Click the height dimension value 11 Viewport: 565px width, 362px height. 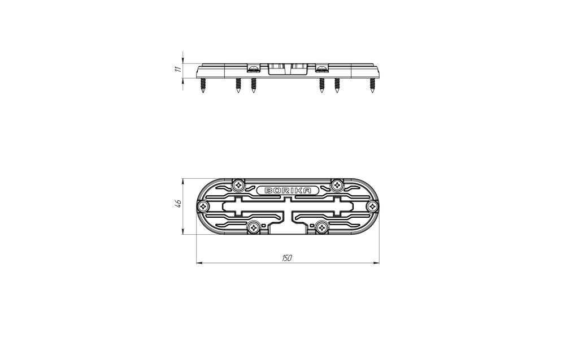(x=177, y=69)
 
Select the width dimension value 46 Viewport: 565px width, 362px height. (x=177, y=204)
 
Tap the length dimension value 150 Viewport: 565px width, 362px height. (x=286, y=258)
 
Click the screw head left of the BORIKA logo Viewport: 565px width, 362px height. (x=240, y=184)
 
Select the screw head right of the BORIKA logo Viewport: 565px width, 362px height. (x=337, y=184)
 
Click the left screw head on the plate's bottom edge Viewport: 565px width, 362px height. (x=254, y=227)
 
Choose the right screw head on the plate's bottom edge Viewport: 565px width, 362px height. (x=322, y=227)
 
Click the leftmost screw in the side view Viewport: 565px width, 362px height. (x=202, y=86)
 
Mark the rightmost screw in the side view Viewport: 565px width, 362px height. (x=372, y=86)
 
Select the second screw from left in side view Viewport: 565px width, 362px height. (x=238, y=86)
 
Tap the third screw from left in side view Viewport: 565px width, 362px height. (x=253, y=86)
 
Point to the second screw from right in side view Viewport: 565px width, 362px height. (x=337, y=86)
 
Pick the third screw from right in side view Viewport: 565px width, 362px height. (x=322, y=86)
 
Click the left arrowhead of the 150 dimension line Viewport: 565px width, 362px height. (x=198, y=262)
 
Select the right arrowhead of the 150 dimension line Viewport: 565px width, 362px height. (x=377, y=262)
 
